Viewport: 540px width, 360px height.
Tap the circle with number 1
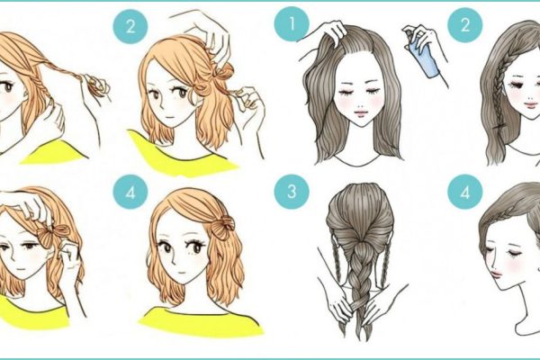pos(292,24)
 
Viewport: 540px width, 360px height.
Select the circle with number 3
pos(292,192)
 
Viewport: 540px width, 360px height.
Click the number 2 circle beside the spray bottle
pos(465,25)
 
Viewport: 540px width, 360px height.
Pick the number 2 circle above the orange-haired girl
pos(130,26)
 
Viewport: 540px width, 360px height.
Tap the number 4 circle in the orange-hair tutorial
pos(130,192)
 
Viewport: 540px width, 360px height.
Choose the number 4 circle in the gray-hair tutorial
pos(465,192)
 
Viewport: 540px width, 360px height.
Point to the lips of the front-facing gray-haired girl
pos(360,112)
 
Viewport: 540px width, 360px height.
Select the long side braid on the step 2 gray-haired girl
pos(498,93)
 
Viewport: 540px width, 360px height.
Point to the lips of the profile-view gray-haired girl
pos(496,274)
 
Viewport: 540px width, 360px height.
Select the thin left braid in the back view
pos(337,255)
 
